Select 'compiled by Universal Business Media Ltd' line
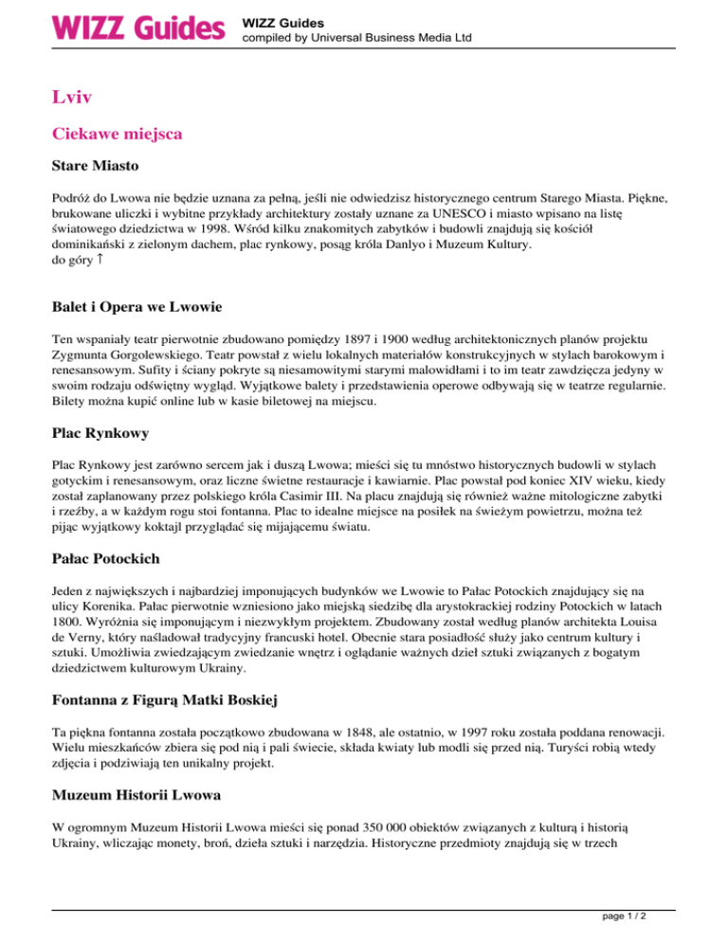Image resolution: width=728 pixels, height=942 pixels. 357,38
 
